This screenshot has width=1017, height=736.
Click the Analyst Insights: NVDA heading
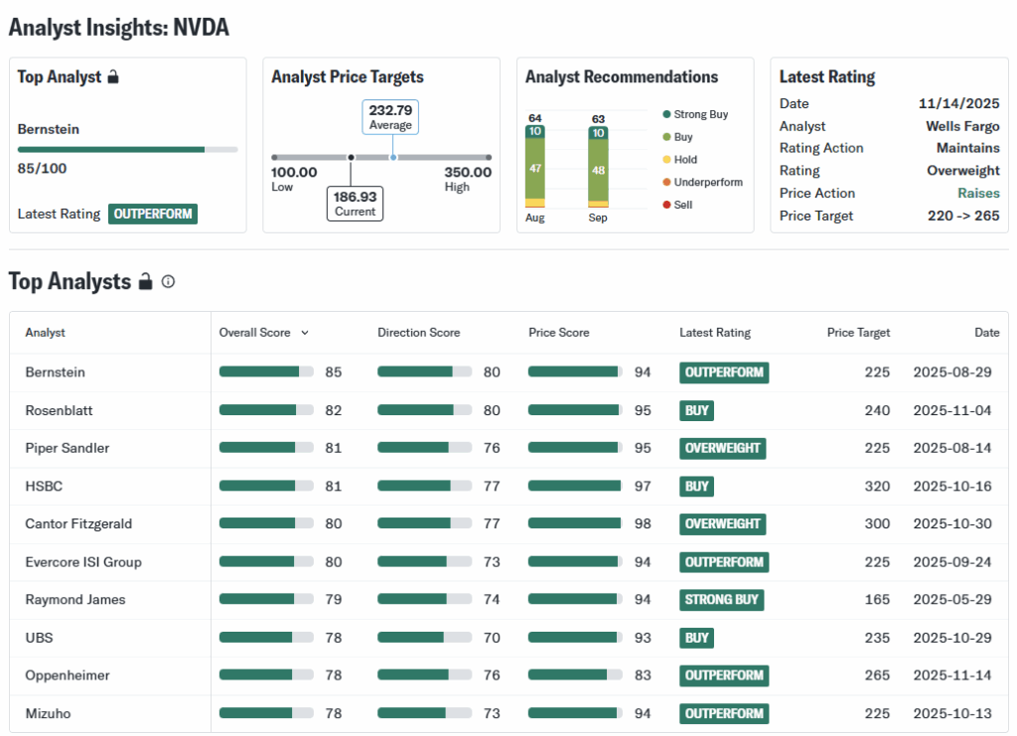119,28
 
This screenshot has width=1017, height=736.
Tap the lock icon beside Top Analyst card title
113,76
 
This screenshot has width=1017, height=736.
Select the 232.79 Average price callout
390,117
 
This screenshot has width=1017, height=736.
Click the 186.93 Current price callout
355,204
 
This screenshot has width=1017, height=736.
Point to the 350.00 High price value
468,172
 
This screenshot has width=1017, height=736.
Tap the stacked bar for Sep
598,167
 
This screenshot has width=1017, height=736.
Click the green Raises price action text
978,193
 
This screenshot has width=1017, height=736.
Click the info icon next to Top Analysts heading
168,281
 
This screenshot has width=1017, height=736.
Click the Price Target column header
858,333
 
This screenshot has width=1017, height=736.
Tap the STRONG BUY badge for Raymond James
722,600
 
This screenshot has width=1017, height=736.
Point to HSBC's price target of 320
877,486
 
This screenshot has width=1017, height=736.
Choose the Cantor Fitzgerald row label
78,523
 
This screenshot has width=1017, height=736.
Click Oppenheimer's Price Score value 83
643,675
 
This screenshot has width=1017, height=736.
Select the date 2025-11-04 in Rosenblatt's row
951,410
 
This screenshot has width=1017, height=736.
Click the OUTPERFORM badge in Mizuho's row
724,713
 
